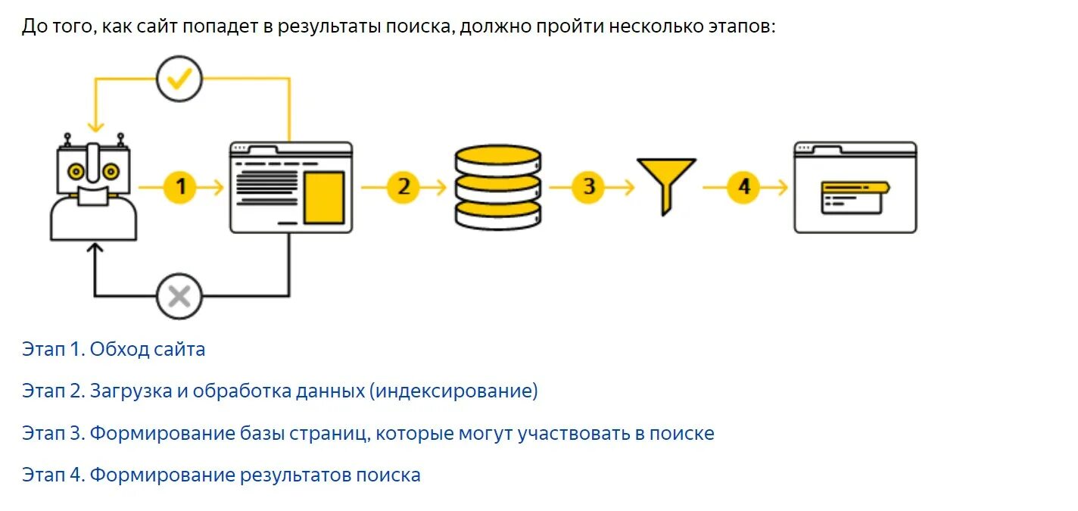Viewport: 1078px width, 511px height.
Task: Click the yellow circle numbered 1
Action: [x=180, y=186]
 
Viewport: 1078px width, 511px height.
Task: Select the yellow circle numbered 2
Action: [x=403, y=186]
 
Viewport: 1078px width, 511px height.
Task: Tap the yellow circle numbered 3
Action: [x=588, y=186]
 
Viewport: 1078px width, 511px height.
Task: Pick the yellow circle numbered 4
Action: [x=743, y=186]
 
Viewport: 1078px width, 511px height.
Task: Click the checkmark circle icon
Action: [x=179, y=78]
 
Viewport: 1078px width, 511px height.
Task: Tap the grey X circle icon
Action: [x=179, y=296]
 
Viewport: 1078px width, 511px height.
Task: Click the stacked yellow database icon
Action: [x=498, y=187]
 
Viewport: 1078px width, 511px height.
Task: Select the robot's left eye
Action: [x=75, y=171]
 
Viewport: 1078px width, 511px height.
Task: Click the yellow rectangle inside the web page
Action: [x=324, y=197]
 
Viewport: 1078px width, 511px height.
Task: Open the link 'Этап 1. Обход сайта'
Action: [x=114, y=350]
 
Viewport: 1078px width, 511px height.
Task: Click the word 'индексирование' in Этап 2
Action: [x=453, y=391]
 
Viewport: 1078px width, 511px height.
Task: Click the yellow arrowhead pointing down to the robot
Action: [x=94, y=126]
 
